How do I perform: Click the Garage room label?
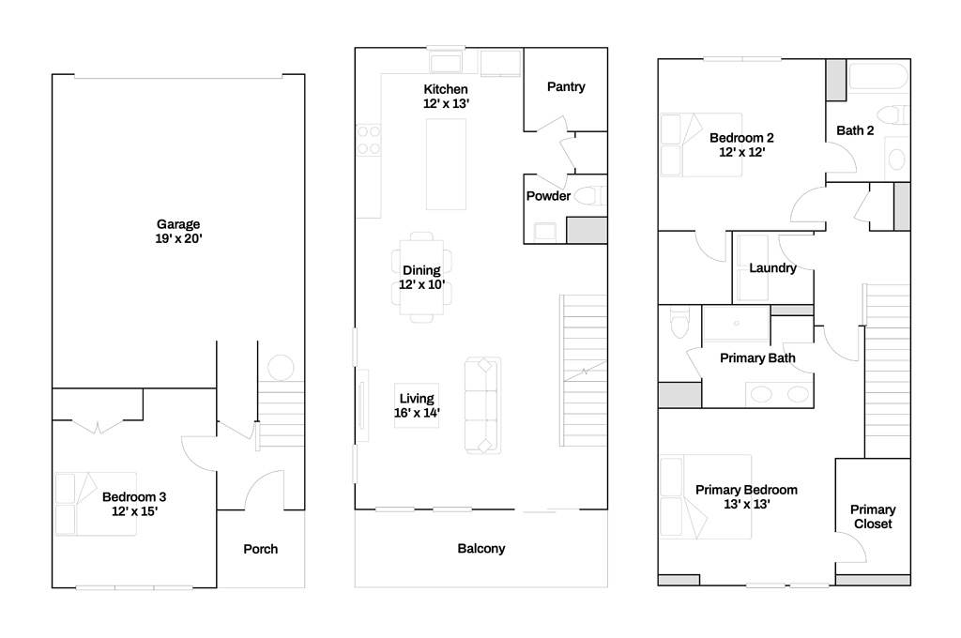[177, 224]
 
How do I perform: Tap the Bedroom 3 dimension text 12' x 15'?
[134, 511]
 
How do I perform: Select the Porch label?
[261, 549]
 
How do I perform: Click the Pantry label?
[566, 87]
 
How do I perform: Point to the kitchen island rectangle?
[446, 164]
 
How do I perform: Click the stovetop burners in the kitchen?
[368, 140]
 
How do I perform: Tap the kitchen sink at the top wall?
[446, 63]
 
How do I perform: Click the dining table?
[421, 277]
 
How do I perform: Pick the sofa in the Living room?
[483, 405]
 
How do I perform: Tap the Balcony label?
[481, 549]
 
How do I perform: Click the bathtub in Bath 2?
[877, 77]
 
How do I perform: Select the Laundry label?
[773, 267]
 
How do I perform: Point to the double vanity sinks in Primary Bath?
[780, 394]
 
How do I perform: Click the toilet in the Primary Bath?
[679, 322]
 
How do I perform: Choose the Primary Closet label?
[873, 517]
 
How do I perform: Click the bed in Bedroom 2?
[701, 145]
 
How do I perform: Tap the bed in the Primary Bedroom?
[706, 497]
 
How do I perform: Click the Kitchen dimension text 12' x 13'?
[446, 103]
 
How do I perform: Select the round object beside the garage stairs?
[281, 368]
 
